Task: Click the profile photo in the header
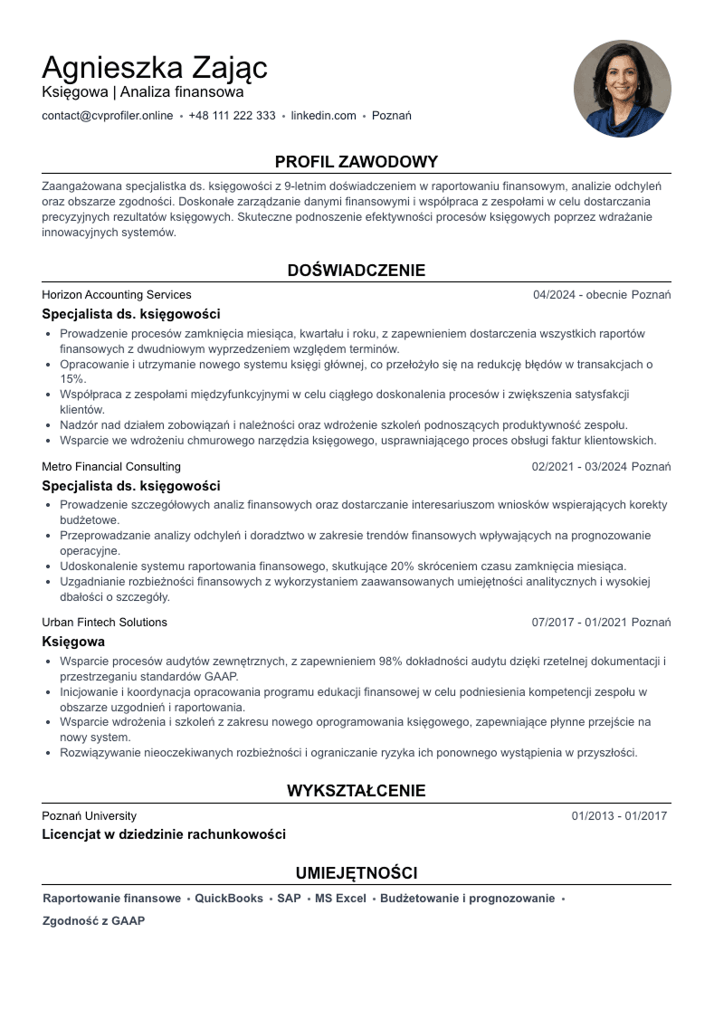point(622,89)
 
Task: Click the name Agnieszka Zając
point(155,68)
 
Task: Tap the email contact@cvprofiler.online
point(107,116)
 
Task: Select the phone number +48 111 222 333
point(232,116)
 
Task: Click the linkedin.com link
point(323,116)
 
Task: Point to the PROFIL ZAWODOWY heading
point(357,162)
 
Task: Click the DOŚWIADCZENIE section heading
point(357,271)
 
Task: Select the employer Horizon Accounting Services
point(117,295)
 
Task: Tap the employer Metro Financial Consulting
point(111,467)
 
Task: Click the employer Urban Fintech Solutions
point(104,623)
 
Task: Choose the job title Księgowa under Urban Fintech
point(73,642)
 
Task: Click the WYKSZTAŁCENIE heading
point(357,791)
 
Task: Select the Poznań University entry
point(89,816)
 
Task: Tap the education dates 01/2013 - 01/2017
point(619,816)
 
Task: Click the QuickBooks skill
point(229,899)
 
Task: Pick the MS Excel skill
point(340,899)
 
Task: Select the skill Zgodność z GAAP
point(94,921)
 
